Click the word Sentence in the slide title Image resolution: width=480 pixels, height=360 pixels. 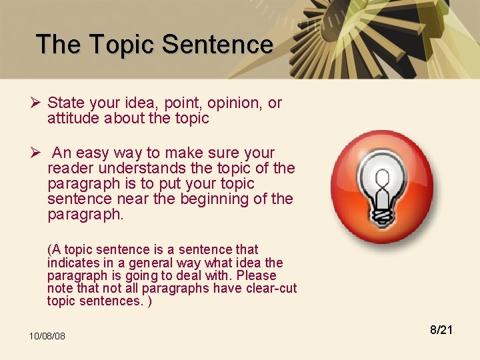217,45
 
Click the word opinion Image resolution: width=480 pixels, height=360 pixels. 235,103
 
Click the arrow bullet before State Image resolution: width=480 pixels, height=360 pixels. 37,103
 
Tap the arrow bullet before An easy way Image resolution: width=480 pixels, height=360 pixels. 37,153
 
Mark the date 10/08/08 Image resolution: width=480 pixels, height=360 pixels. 47,336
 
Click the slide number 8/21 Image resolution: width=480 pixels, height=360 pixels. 441,329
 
